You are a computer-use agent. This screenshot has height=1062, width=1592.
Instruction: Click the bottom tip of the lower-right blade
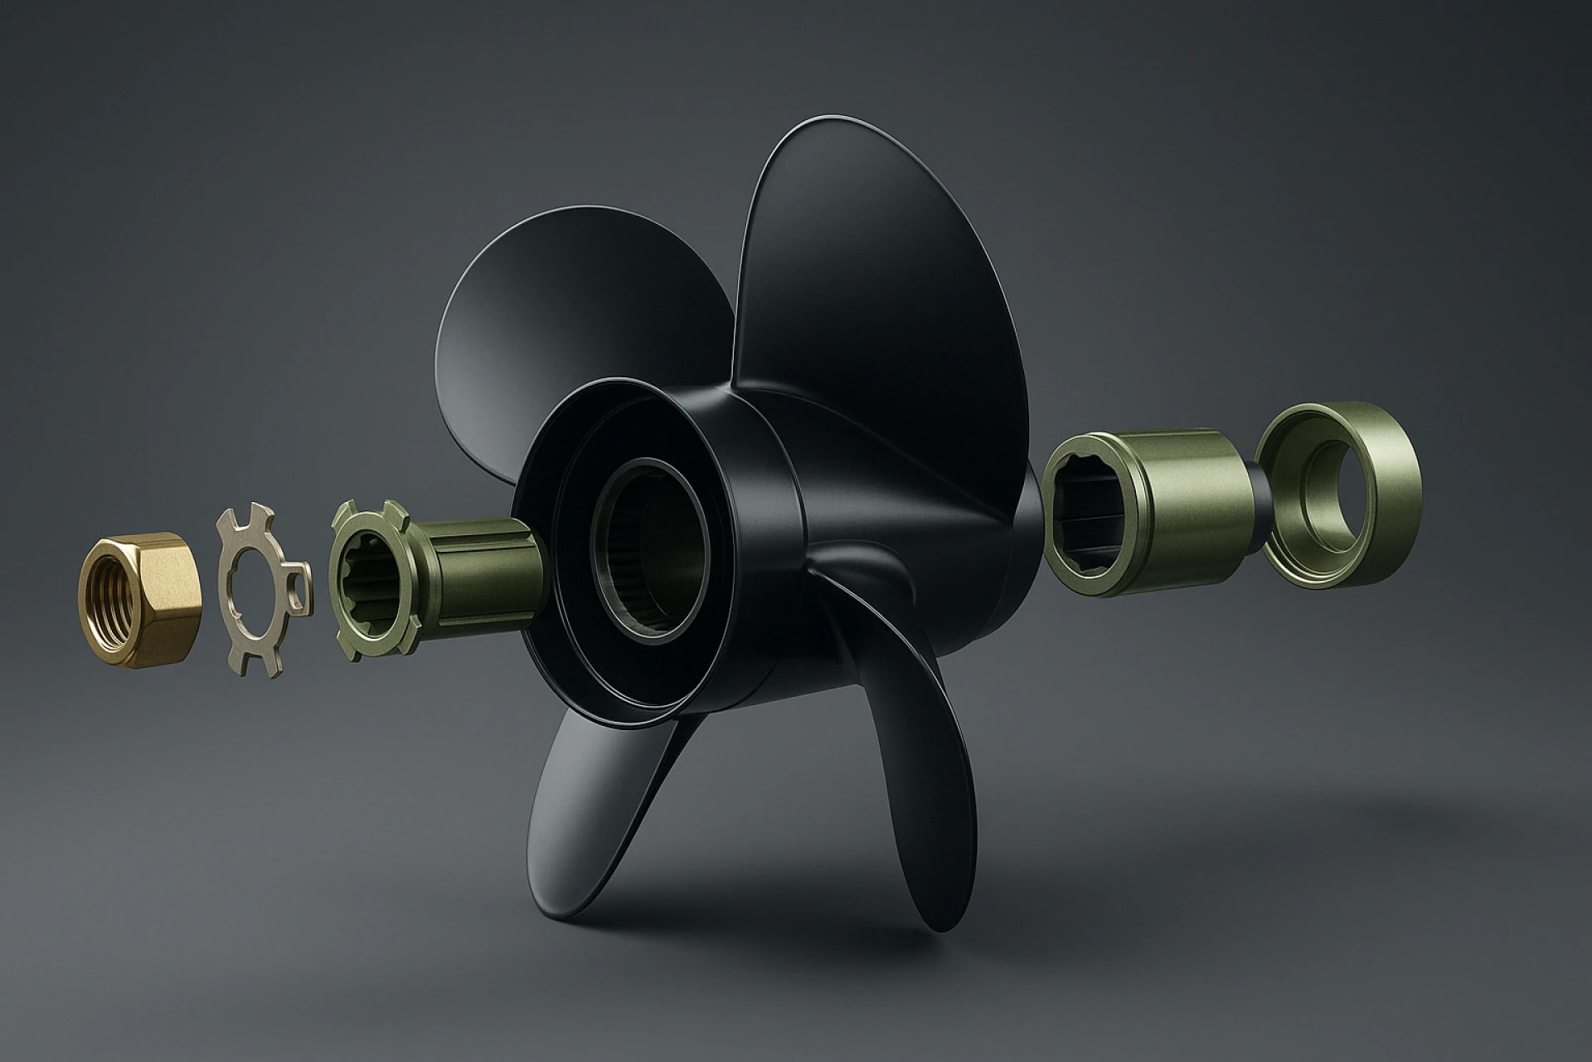[945, 921]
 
